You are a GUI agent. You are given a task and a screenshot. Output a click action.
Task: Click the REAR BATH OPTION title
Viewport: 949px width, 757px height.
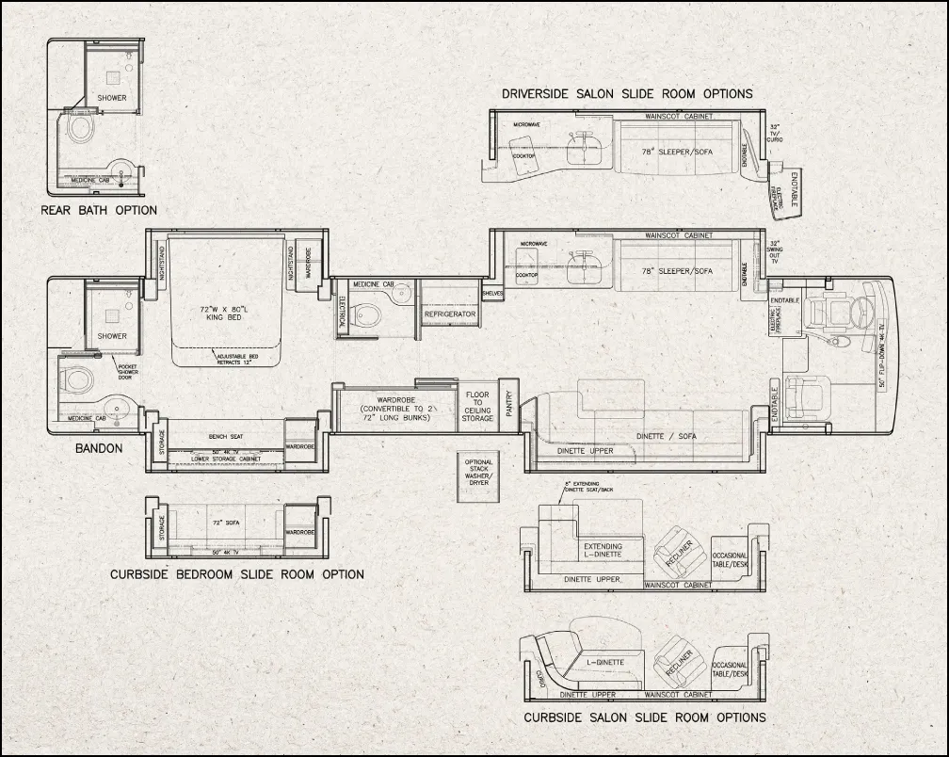pyautogui.click(x=99, y=210)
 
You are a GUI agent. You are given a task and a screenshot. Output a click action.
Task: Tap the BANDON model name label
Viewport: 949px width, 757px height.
pyautogui.click(x=99, y=448)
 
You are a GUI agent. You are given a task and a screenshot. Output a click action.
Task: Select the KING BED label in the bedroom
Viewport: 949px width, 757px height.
pyautogui.click(x=225, y=314)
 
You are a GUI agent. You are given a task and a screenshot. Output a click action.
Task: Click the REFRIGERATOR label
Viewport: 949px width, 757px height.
pyautogui.click(x=450, y=314)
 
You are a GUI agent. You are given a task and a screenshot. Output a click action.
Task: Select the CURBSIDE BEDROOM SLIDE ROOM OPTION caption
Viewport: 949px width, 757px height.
pyautogui.click(x=236, y=574)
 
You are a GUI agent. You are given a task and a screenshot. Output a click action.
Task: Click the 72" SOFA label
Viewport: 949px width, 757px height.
pyautogui.click(x=223, y=522)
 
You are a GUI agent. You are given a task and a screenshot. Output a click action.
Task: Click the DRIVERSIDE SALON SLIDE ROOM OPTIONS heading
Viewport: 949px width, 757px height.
pyautogui.click(x=627, y=94)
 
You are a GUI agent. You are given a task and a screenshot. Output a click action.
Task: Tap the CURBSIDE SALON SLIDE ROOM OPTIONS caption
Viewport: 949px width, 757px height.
pyautogui.click(x=644, y=717)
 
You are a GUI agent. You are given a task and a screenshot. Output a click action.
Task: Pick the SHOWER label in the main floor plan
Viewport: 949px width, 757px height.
pyautogui.click(x=112, y=336)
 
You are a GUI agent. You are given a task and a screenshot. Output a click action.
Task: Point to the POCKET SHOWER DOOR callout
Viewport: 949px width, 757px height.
pyautogui.click(x=128, y=372)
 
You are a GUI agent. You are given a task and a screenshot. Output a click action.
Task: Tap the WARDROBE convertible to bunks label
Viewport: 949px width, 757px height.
pyautogui.click(x=396, y=406)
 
